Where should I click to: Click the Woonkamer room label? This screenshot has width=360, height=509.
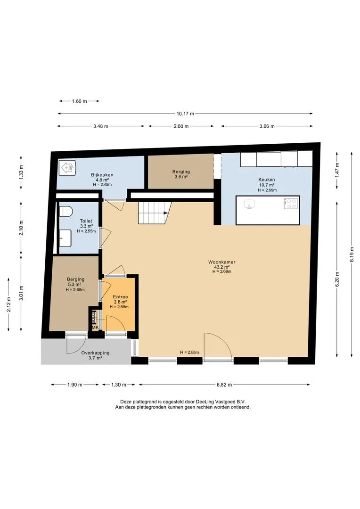tap(222, 262)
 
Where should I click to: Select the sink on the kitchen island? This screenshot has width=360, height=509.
tap(249, 205)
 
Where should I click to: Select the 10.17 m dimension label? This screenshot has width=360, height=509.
tap(185, 114)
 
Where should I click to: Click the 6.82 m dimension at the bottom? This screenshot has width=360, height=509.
tap(224, 385)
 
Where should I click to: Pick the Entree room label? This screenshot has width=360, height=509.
tap(121, 297)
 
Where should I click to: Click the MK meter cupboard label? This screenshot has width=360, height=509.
tap(96, 328)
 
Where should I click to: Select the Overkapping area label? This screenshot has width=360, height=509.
tap(96, 353)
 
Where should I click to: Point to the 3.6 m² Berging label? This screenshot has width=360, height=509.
tap(181, 177)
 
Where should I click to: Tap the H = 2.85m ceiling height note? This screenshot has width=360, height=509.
tap(189, 352)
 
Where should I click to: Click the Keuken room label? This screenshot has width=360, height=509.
tap(267, 180)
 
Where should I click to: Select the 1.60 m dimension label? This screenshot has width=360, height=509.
tap(79, 101)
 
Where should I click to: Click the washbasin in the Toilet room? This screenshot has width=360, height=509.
tap(65, 238)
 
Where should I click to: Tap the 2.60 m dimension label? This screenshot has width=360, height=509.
tap(181, 126)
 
